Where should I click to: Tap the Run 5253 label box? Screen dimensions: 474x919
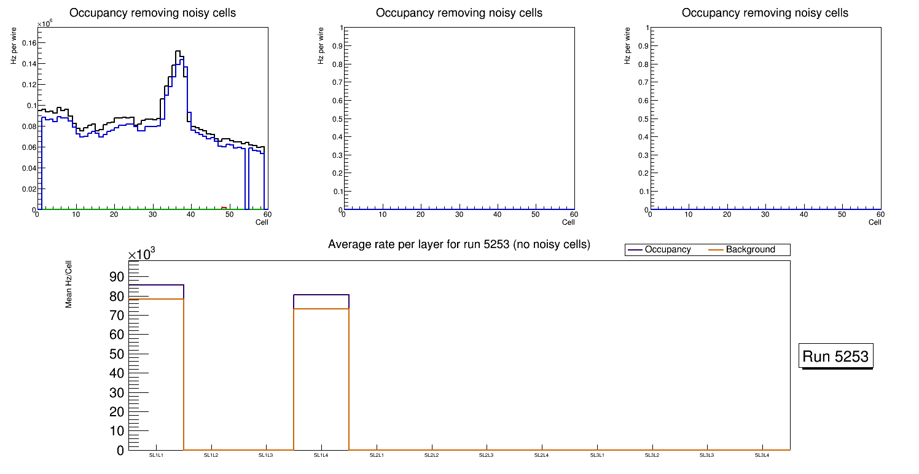835,356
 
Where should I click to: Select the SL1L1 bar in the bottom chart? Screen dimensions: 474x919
156,368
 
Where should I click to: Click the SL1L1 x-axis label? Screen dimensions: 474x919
156,456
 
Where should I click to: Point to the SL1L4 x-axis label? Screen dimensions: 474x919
321,456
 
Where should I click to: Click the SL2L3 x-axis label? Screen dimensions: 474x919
487,456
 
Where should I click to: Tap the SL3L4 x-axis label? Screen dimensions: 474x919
762,456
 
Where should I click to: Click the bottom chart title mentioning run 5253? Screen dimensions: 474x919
459,244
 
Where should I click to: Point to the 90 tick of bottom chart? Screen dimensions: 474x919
117,277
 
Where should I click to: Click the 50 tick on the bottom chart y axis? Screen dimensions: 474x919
117,354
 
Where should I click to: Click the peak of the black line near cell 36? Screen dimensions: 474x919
178,51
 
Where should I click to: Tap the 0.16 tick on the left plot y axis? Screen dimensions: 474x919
29,42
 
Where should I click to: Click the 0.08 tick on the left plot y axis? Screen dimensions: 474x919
29,126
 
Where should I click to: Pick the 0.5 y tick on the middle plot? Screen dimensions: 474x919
336,119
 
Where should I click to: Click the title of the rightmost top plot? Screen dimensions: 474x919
765,13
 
